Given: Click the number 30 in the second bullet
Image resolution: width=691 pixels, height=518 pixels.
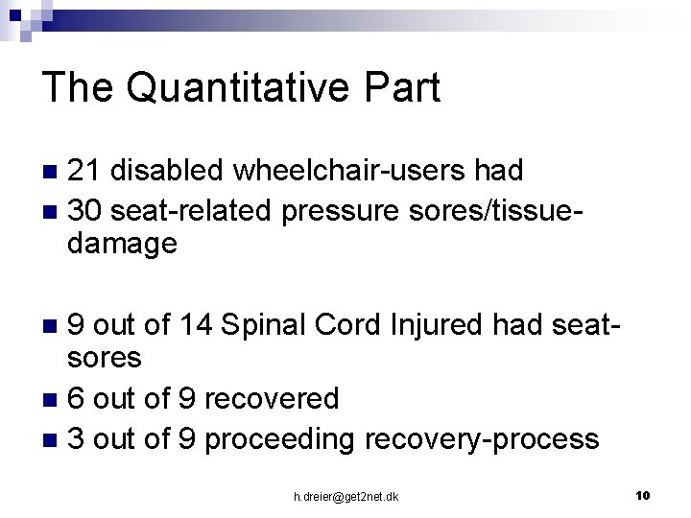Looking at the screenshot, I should pyautogui.click(x=86, y=207).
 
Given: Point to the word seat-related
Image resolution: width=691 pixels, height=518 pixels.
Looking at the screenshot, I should pyautogui.click(x=193, y=207).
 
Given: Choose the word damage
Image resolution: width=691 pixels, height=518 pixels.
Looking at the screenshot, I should pyautogui.click(x=122, y=244).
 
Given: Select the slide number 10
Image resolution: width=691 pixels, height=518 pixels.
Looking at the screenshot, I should pyautogui.click(x=643, y=495).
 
